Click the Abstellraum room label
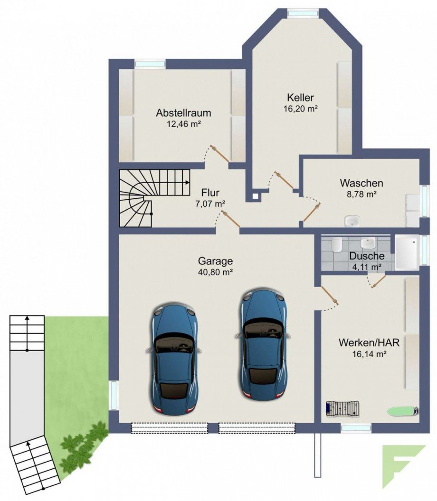point(183,113)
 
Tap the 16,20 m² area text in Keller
point(300,108)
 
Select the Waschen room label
point(361,183)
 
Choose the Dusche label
point(367,256)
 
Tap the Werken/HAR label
point(362,342)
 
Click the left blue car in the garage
point(173,359)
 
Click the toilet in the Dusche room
point(336,245)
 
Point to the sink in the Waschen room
point(352,221)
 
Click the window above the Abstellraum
point(150,63)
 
